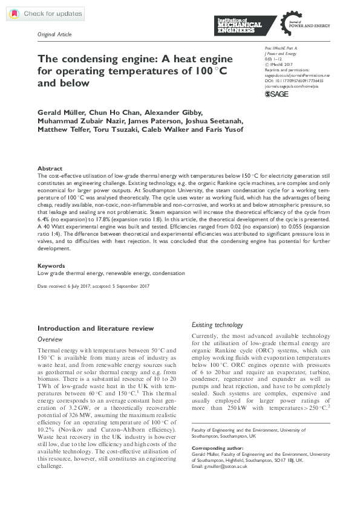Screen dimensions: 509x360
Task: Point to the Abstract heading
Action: click(x=50, y=169)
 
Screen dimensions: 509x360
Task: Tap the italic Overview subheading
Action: click(x=50, y=340)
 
